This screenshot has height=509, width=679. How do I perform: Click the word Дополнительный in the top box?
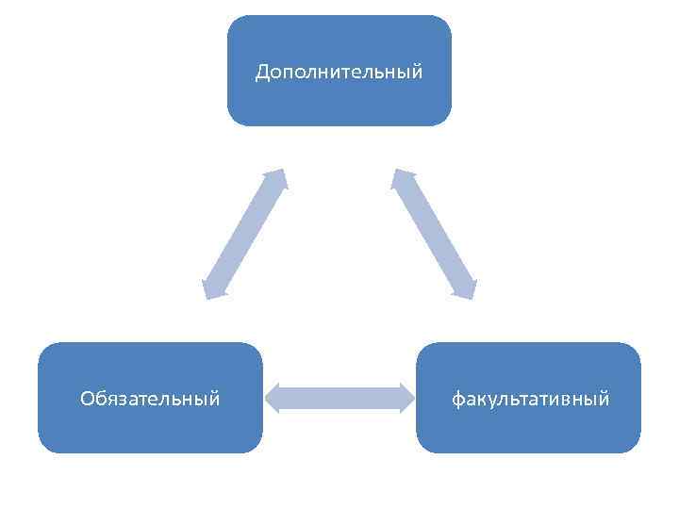[x=339, y=72]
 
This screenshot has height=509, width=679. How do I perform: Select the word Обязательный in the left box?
[x=150, y=399]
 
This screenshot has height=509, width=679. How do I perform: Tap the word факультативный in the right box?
[x=530, y=399]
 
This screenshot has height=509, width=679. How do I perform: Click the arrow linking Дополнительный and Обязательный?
[x=244, y=234]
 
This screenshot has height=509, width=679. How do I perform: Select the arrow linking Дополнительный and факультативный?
[x=435, y=234]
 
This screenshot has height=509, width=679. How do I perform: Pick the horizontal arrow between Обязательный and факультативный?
[x=339, y=398]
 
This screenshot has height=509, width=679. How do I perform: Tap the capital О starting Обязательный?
[x=87, y=399]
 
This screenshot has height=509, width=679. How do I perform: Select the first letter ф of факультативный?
[x=457, y=400]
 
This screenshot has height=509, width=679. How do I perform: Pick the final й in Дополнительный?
[x=417, y=71]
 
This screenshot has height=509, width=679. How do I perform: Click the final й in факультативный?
[x=604, y=398]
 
